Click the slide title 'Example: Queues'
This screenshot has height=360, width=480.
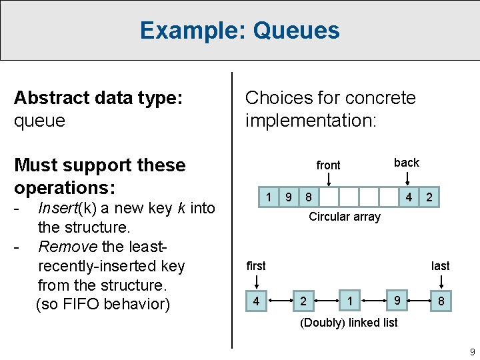239,31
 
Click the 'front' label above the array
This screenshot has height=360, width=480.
328,165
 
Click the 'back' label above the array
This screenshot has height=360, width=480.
406,163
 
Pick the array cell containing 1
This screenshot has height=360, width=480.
269,197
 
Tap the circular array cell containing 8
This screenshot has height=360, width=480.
308,197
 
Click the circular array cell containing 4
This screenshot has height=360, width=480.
409,197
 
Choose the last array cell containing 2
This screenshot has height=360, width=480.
429,197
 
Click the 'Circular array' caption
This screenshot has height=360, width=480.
345,217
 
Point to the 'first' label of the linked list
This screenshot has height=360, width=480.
256,266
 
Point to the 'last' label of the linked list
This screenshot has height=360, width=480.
440,266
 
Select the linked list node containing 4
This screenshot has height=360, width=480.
256,301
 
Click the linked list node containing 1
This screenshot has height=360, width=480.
350,301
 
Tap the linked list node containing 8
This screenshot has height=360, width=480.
441,301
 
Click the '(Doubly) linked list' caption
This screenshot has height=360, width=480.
349,323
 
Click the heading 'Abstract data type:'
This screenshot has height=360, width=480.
97,98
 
